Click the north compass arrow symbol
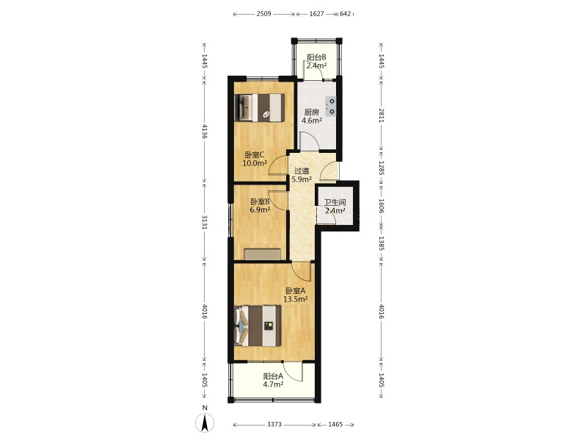click(x=205, y=424)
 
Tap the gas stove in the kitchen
click(x=331, y=107)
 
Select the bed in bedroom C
click(x=260, y=107)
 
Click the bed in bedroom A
click(x=258, y=326)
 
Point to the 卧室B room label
click(x=260, y=201)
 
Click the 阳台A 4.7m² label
click(x=273, y=380)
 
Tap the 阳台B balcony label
click(x=316, y=57)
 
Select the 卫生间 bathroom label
click(x=335, y=203)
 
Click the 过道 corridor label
click(x=302, y=171)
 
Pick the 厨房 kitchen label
click(x=311, y=112)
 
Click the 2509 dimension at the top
click(x=264, y=14)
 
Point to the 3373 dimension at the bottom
click(x=274, y=425)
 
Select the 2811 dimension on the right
click(x=381, y=115)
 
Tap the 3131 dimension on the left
click(x=205, y=221)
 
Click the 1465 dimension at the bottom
click(x=335, y=425)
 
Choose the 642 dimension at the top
click(x=346, y=14)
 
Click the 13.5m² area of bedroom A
click(x=296, y=299)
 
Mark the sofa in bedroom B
click(x=263, y=254)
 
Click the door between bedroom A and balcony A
click(x=293, y=372)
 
